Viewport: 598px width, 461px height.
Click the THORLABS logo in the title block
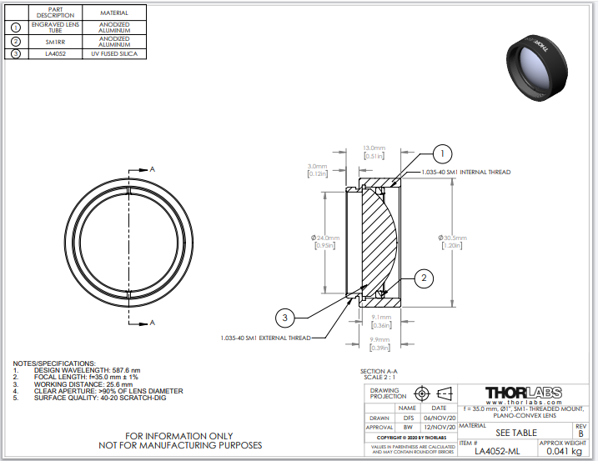(523, 392)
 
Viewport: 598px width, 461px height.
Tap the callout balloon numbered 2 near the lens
(424, 277)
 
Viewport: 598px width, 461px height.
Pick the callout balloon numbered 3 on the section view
(285, 318)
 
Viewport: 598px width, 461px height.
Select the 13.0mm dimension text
(373, 148)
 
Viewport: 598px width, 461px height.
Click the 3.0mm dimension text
(317, 166)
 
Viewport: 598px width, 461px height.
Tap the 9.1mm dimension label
(380, 318)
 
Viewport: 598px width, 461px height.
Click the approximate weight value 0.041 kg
(563, 451)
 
